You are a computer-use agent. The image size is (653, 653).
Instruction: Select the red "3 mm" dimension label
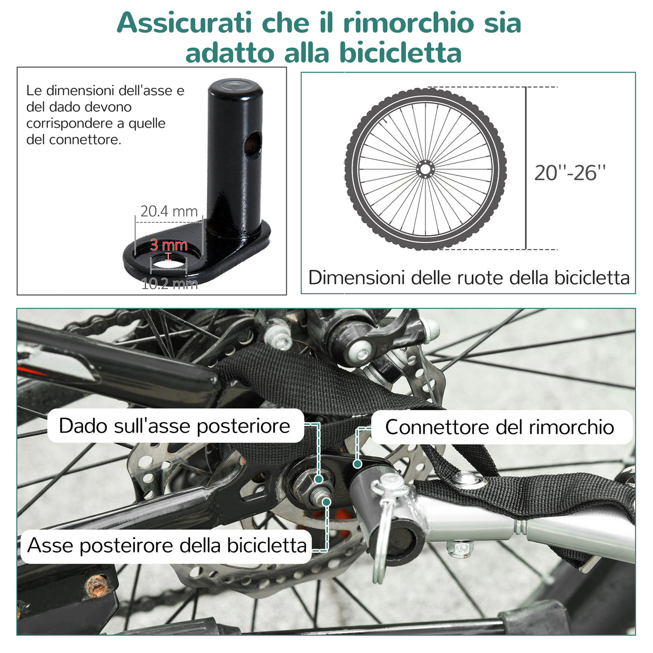(x=168, y=245)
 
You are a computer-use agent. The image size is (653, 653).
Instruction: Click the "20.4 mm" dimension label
(x=169, y=211)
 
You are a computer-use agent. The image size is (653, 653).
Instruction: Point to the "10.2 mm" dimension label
(x=169, y=283)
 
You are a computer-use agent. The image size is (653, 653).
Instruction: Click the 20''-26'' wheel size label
(x=570, y=173)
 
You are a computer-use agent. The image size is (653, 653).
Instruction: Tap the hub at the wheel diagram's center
(x=425, y=169)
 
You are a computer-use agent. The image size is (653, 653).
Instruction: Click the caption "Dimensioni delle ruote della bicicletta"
(x=469, y=278)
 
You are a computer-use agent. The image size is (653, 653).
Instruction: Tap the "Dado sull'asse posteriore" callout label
(x=174, y=425)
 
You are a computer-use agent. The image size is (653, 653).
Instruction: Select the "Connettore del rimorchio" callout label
(x=499, y=427)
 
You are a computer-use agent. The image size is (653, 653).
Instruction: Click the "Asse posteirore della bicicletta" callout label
(x=167, y=545)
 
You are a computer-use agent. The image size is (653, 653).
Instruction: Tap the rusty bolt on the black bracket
(x=97, y=586)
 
